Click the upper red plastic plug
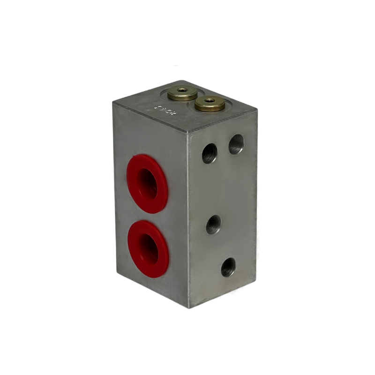pyautogui.click(x=148, y=183)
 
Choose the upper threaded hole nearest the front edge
pyautogui.click(x=210, y=153)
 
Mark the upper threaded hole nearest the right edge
pyautogui.click(x=236, y=144)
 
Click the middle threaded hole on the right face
pyautogui.click(x=213, y=225)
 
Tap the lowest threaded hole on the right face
pyautogui.click(x=228, y=267)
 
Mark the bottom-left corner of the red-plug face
pyautogui.click(x=115, y=273)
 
